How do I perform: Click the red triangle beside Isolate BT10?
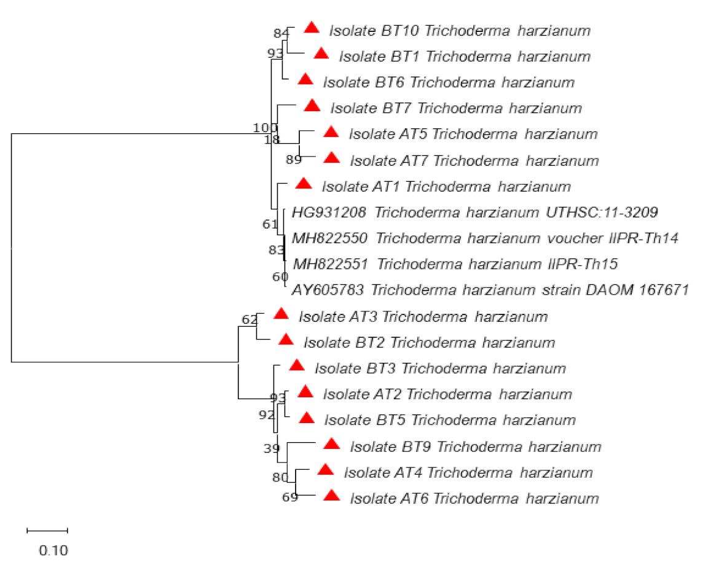pos(312,28)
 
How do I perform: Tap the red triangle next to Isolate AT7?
pos(331,158)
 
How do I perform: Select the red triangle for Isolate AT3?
pos(281,314)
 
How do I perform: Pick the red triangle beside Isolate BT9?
pos(332,444)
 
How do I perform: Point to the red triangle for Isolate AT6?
pos(332,496)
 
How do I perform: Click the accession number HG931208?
pos(329,212)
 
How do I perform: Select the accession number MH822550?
pos(331,238)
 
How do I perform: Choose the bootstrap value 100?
pos(265,128)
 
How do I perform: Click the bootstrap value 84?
pos(281,33)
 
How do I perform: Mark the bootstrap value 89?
pos(293,160)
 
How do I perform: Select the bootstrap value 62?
pos(249,319)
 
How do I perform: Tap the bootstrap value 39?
pos(272,448)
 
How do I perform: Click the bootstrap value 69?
pos(290,497)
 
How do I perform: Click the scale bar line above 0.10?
pos(47,529)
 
